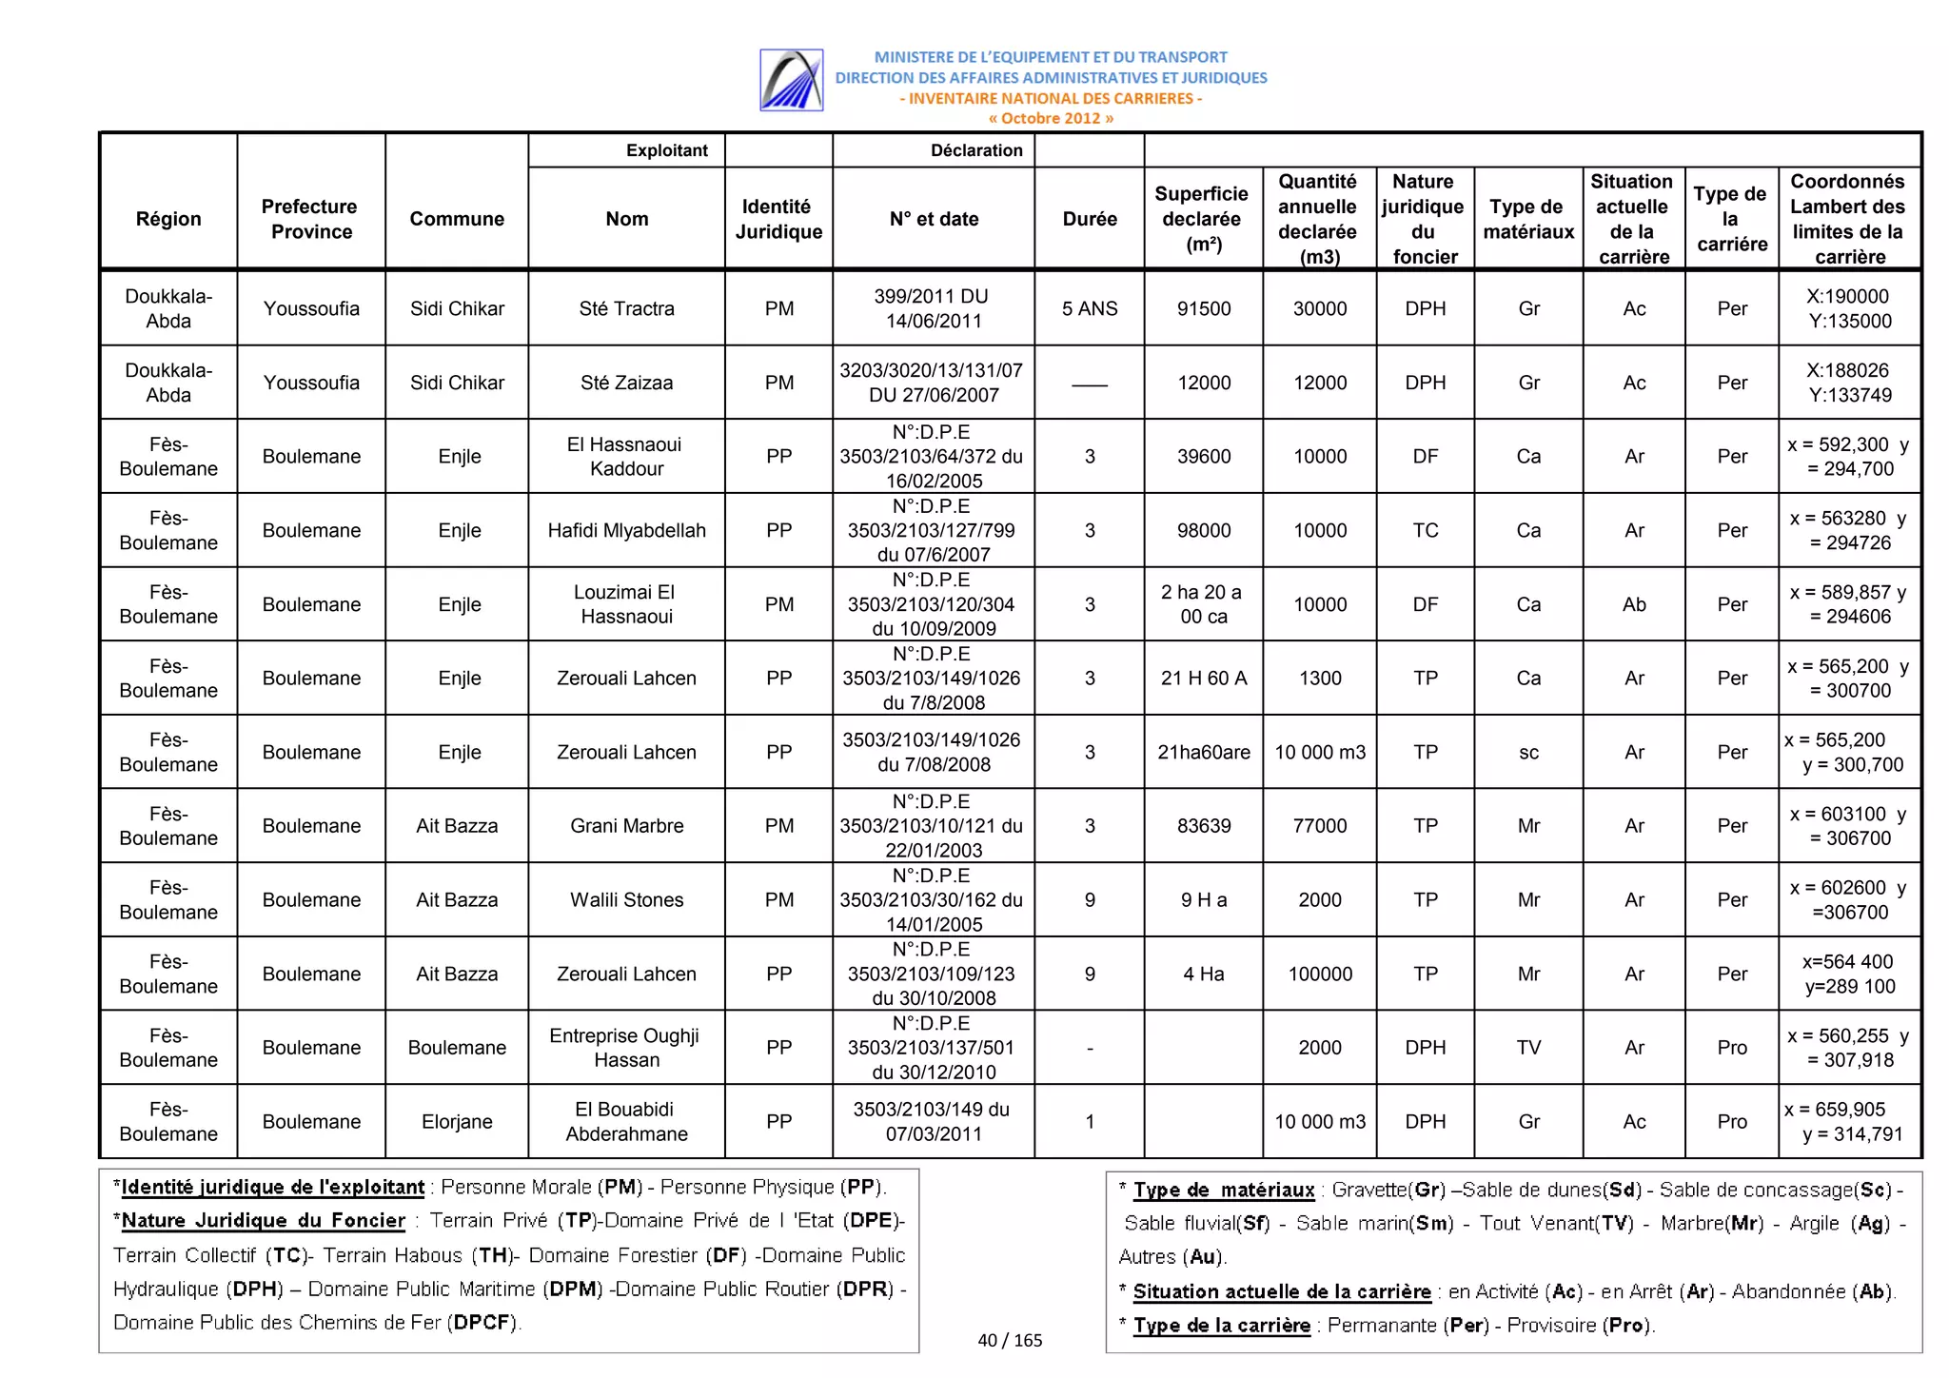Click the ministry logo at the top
pos(791,80)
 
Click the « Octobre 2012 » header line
pos(1051,118)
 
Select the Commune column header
pos(457,219)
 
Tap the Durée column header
pos(1090,219)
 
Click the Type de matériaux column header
pos(1528,219)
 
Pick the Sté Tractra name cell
pos(626,308)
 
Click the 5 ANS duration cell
pos(1090,308)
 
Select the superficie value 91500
pos(1204,308)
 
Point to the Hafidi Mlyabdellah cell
pos(626,530)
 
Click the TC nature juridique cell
pos(1425,530)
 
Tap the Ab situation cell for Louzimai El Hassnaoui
pos(1634,604)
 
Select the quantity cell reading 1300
pos(1320,679)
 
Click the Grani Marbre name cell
pos(626,826)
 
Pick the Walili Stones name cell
pos(626,900)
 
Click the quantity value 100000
pos(1320,974)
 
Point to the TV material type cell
pos(1528,1048)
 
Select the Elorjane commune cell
pos(457,1122)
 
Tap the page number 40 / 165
pos(1010,1340)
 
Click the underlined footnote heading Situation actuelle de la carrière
pos(1281,1291)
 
